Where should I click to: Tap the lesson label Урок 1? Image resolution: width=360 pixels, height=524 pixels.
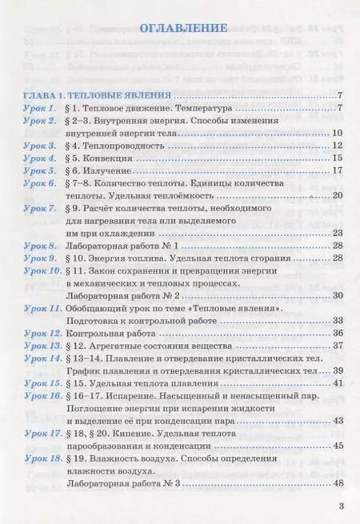[39, 106]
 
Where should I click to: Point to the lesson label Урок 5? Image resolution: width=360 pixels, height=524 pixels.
[39, 170]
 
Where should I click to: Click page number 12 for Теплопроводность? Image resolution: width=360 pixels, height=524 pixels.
[336, 145]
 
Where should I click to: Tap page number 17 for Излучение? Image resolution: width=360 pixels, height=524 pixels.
[336, 170]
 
